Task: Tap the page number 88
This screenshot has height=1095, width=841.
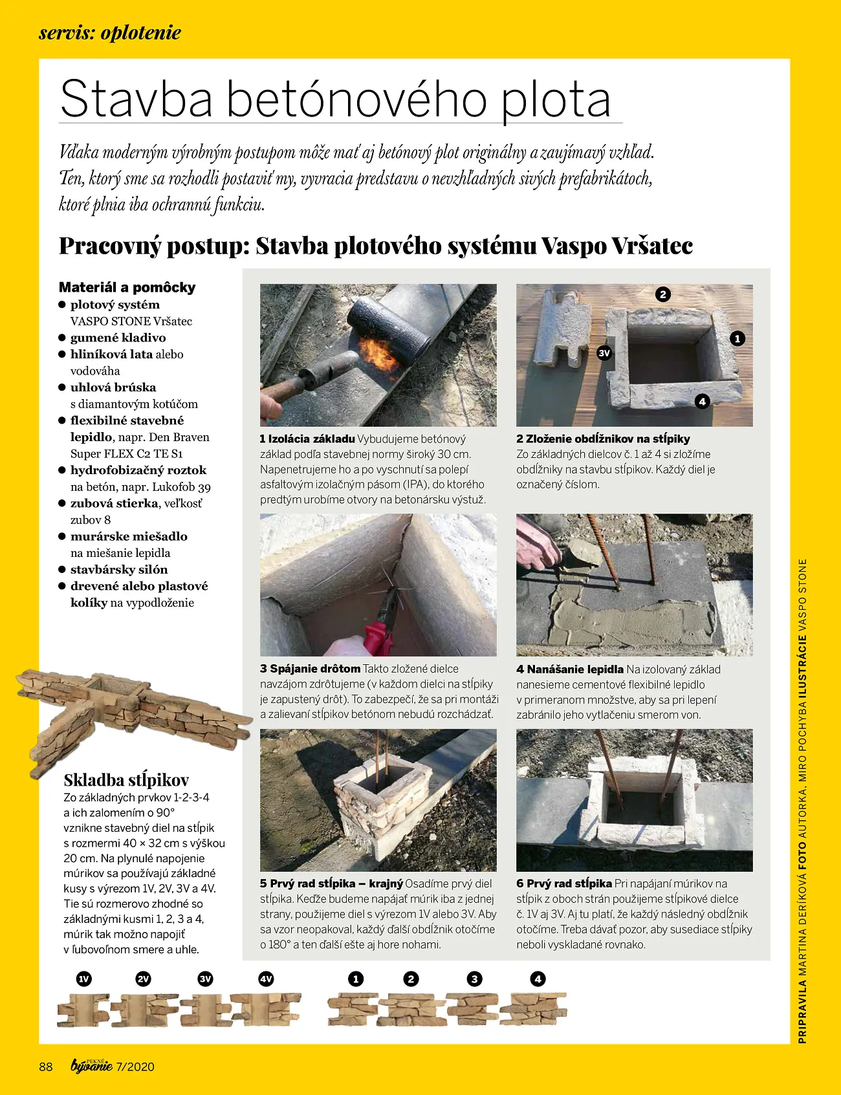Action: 46,1067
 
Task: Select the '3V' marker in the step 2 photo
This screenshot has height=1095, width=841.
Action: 604,353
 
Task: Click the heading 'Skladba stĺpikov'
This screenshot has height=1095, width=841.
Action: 126,779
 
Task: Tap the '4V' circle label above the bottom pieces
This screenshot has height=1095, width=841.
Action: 266,979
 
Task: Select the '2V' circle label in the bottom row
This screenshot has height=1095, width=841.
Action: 144,979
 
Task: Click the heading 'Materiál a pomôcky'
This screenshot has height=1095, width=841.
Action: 127,287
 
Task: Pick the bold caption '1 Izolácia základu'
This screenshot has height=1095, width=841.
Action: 307,439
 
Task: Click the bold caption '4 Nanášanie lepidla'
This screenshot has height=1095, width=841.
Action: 570,669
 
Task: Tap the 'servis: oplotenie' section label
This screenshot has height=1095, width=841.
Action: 110,33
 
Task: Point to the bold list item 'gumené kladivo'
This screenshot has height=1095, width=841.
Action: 118,338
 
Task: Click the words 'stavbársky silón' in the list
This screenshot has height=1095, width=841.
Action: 119,569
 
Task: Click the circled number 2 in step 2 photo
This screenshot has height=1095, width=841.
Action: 662,295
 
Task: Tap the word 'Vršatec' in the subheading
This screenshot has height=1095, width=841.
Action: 652,246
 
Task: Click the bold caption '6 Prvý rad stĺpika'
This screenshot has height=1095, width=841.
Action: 564,884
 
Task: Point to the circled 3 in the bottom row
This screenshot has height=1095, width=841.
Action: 474,979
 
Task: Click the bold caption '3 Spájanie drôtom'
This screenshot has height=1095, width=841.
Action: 310,669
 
